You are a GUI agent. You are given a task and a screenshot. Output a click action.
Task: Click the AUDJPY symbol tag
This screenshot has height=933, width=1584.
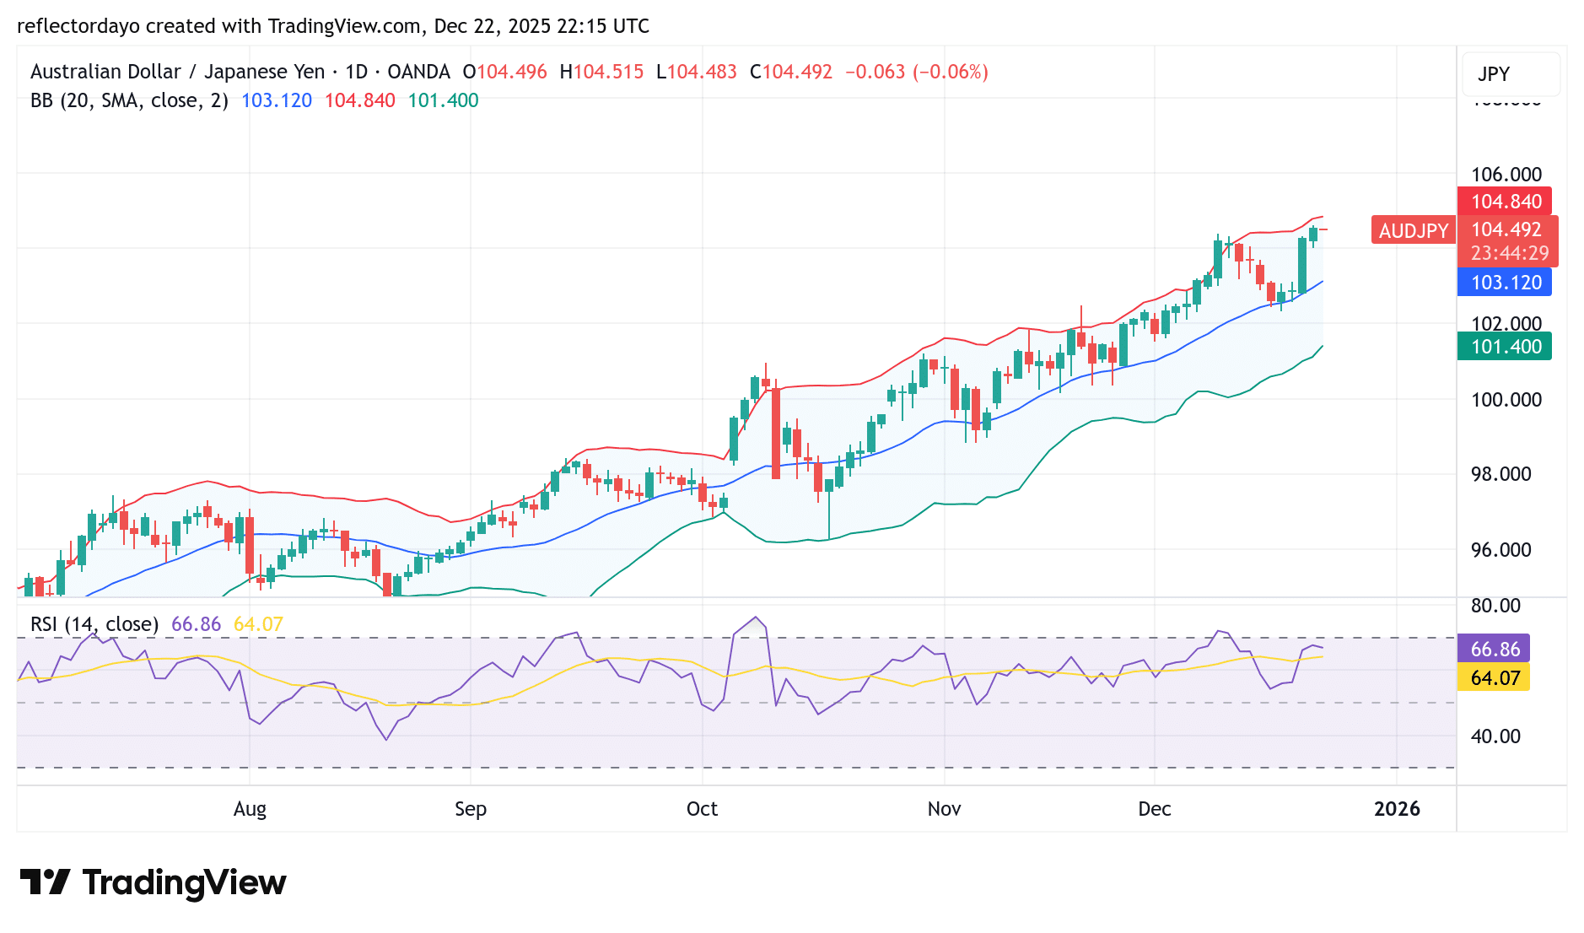[x=1413, y=230]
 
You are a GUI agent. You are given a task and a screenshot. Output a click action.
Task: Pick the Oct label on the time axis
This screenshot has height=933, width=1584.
[x=702, y=809]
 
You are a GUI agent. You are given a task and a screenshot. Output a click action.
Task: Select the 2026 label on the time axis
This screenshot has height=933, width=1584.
[x=1397, y=809]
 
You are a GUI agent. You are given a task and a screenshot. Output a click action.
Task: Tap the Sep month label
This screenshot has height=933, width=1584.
[x=471, y=809]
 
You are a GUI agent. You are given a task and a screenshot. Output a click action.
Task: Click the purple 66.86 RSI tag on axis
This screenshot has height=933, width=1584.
[x=1494, y=650]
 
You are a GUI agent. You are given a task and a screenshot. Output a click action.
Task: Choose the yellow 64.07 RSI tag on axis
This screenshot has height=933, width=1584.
[x=1494, y=678]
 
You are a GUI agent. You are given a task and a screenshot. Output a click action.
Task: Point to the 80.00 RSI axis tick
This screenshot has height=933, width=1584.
[x=1495, y=606]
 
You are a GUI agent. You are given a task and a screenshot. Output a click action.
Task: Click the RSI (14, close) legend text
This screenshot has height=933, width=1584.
[x=94, y=624]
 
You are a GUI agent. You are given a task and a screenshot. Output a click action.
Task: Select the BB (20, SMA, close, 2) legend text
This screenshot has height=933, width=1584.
[x=129, y=101]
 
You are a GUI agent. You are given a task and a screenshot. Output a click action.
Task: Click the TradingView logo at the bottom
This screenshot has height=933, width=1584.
[x=154, y=883]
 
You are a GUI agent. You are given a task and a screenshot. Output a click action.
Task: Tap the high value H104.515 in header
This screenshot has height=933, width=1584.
[x=601, y=72]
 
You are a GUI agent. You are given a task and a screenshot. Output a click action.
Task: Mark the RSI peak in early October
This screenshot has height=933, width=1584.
[x=756, y=618]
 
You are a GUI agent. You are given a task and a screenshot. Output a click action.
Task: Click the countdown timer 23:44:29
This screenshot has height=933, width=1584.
[x=1509, y=253]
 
